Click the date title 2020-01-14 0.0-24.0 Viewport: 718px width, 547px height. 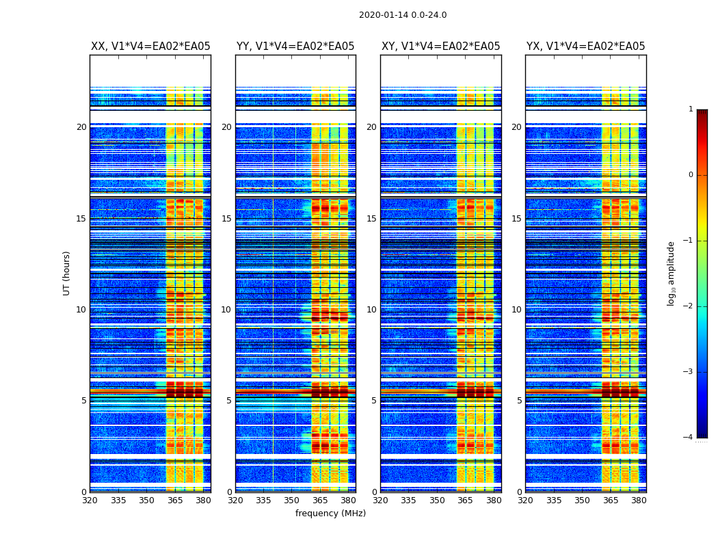pos(403,15)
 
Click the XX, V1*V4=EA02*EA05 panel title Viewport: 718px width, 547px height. pos(150,46)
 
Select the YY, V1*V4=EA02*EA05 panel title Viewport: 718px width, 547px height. pos(295,46)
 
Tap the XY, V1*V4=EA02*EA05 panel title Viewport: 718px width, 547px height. pos(440,46)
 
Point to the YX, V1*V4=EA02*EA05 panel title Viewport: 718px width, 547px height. pos(585,46)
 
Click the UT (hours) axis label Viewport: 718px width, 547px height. pos(67,273)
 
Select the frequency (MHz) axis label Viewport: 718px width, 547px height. pos(330,513)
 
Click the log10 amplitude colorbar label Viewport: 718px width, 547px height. pos(672,273)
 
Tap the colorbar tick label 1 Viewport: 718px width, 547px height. pos(691,109)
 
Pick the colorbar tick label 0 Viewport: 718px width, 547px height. pos(691,175)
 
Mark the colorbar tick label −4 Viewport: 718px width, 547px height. pos(689,438)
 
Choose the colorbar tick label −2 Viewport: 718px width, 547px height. pos(689,306)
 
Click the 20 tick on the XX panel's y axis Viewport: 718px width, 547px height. pos(81,127)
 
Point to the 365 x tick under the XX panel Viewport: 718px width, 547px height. pos(175,501)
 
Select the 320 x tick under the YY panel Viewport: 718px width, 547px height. pos(235,501)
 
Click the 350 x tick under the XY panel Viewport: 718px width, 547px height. pos(437,501)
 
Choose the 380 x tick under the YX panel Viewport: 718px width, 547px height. pos(639,501)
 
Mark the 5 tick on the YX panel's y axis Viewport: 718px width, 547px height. pos(519,401)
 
